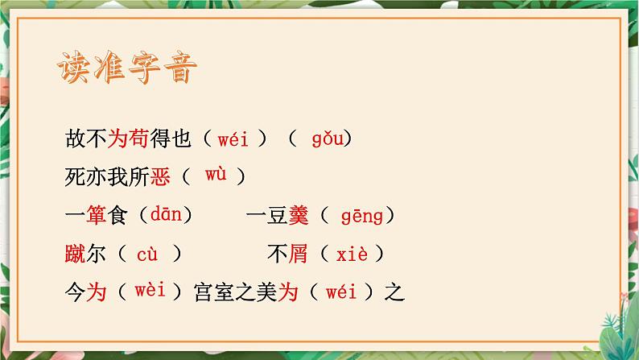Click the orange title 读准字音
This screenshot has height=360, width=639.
point(126,68)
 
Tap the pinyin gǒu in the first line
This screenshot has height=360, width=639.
point(328,139)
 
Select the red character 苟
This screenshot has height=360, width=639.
point(138,139)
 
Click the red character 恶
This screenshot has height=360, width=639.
point(160,177)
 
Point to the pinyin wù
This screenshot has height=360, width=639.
point(216,174)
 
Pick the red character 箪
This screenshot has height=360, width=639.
point(97,215)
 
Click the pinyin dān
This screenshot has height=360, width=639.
point(166,214)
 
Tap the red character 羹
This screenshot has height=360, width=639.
point(299,215)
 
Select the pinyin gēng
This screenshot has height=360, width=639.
point(362,217)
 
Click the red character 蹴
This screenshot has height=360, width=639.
point(75,254)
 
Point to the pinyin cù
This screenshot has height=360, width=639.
point(147,254)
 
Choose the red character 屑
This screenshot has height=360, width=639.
point(299,254)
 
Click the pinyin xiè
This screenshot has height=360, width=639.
point(352,254)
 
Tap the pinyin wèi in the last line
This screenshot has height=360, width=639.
point(150,291)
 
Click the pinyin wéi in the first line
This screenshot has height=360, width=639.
point(233,139)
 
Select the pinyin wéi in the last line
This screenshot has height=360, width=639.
point(341,292)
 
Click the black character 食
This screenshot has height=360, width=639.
point(117,215)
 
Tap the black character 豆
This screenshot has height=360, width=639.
point(278,215)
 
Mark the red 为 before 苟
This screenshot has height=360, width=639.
point(117,139)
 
